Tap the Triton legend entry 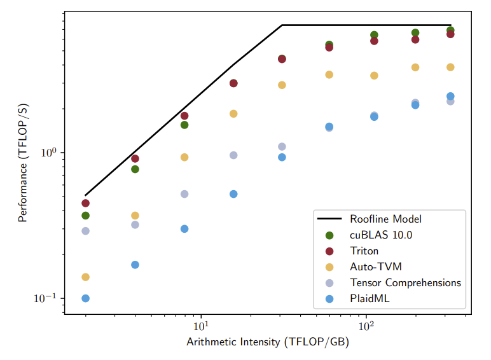click(364, 251)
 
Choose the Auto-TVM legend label click(375, 267)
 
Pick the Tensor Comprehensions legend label click(405, 283)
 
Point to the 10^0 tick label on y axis click(48, 153)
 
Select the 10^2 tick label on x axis click(366, 327)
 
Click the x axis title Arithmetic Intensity click(267, 343)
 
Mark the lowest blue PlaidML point click(85, 298)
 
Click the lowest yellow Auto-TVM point click(85, 277)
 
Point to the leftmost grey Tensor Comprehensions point click(85, 231)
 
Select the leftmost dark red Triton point click(85, 204)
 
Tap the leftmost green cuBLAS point click(85, 216)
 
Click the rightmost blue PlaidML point click(450, 97)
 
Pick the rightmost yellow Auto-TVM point click(450, 67)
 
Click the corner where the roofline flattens click(282, 25)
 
